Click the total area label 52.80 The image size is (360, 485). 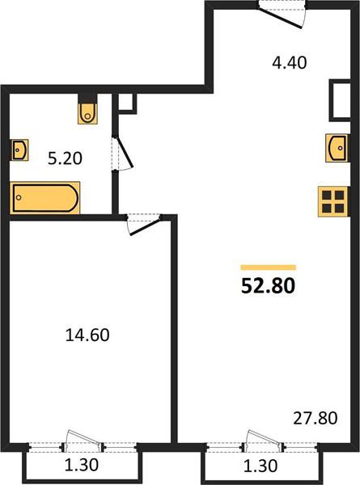268,286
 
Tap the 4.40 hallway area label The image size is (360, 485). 290,63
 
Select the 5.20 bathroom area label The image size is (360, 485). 65,158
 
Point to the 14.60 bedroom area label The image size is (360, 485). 87,335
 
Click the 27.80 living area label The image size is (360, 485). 316,418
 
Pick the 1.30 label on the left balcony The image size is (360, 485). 82,465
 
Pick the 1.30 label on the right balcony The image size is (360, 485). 260,466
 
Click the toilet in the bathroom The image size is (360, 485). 87,113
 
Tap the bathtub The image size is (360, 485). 44,198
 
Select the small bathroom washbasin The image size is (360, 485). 19,150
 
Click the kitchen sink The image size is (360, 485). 337,148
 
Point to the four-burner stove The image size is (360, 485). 333,201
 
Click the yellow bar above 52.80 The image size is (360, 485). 269,268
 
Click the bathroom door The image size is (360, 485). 123,154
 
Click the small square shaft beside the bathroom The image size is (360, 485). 128,102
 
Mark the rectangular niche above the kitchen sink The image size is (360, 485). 339,100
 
